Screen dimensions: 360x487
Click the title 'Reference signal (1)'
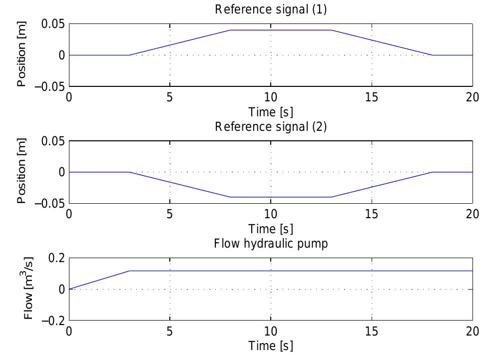coord(271,9)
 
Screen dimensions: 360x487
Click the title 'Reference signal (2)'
coord(271,126)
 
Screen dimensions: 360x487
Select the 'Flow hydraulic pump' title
coord(271,244)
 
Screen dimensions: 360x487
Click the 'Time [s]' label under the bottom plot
coord(271,346)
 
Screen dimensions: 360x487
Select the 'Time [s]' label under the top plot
coord(271,111)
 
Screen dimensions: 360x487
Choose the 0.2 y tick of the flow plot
coord(56,258)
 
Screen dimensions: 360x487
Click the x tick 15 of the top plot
coord(372,96)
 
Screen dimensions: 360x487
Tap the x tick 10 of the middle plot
coord(271,214)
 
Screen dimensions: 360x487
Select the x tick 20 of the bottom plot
coord(472,331)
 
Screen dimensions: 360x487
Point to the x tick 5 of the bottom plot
coord(170,331)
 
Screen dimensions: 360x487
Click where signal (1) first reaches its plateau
coord(230,30)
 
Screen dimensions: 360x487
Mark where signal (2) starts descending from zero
coord(130,172)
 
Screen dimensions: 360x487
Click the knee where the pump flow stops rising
coord(130,271)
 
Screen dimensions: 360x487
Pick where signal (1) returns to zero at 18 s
coord(432,55)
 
